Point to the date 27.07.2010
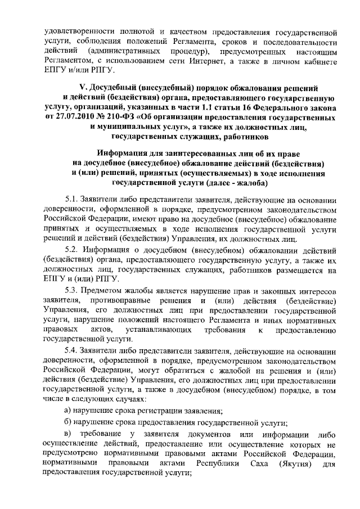75,117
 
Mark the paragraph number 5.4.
72,350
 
